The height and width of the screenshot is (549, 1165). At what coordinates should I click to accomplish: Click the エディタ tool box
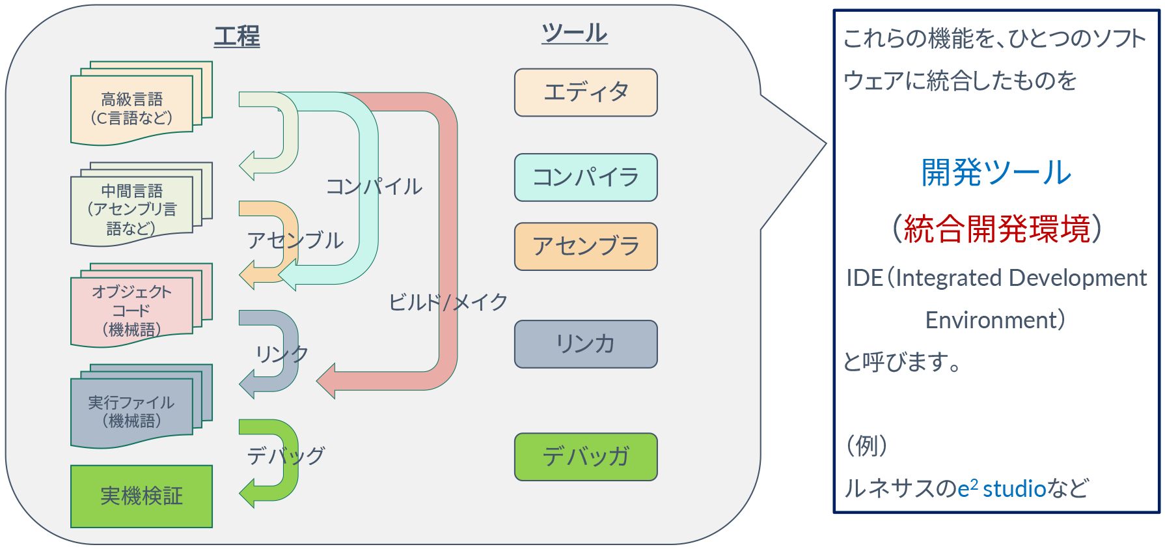point(586,92)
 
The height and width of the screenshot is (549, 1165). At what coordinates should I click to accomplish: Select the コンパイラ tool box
point(586,177)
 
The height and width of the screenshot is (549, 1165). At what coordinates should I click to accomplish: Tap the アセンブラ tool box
point(586,246)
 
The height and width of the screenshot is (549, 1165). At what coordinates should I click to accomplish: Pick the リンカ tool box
point(586,344)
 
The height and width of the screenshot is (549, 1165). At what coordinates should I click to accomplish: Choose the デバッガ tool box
point(586,457)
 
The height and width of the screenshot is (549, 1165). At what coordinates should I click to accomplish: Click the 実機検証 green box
point(141,496)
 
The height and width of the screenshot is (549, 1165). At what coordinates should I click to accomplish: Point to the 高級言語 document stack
point(132,108)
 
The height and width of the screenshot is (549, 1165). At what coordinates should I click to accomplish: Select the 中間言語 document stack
point(132,209)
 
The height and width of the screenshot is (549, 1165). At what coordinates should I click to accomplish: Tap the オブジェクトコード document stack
point(132,310)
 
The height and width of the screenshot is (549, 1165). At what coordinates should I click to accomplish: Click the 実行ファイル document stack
point(132,412)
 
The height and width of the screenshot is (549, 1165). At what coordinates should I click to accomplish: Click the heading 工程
point(237,36)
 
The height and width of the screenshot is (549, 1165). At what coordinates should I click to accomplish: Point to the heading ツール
point(574,33)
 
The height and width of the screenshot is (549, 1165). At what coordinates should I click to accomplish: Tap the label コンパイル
point(374,187)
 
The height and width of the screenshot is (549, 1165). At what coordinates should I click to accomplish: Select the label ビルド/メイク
point(448,302)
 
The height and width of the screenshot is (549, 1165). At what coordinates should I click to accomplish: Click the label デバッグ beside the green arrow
point(286,456)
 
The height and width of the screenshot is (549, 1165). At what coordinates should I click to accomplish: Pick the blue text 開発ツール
point(996,173)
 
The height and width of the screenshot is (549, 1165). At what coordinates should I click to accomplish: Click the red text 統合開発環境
point(996,229)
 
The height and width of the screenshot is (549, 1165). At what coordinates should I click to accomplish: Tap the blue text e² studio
point(1002,488)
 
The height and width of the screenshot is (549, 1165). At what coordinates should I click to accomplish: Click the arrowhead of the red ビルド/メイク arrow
point(326,381)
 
